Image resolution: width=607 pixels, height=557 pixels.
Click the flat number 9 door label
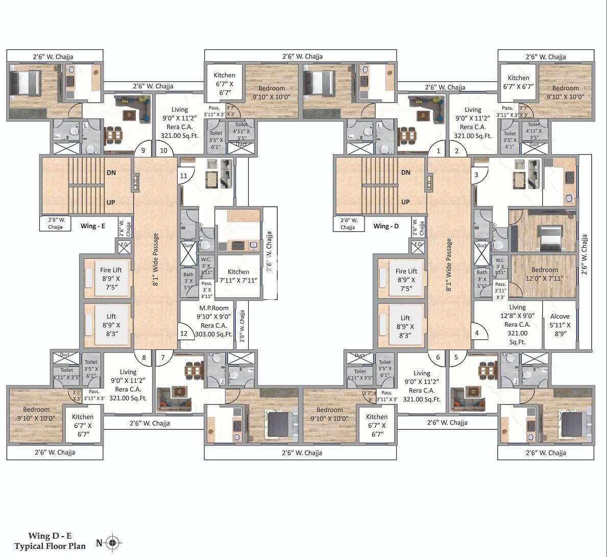coord(143,150)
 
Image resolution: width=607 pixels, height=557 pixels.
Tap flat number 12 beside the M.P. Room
coord(184,334)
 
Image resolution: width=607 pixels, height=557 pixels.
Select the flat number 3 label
coord(476,175)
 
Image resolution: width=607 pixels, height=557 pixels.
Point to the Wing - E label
coord(92,226)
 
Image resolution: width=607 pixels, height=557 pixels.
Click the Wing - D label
coord(386,226)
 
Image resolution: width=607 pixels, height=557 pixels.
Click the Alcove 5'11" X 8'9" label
coord(560,325)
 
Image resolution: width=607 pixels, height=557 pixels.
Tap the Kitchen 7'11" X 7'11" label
coord(238,276)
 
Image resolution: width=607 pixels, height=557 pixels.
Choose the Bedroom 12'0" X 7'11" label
coord(544,274)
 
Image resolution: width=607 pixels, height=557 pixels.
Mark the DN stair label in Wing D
coord(405,173)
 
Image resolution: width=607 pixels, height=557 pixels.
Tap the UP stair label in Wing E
coord(111,202)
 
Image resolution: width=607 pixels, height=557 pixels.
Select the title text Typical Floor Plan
coord(50,546)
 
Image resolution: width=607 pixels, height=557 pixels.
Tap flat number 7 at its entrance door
coord(163,357)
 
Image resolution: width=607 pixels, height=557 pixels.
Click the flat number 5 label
coord(456,357)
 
